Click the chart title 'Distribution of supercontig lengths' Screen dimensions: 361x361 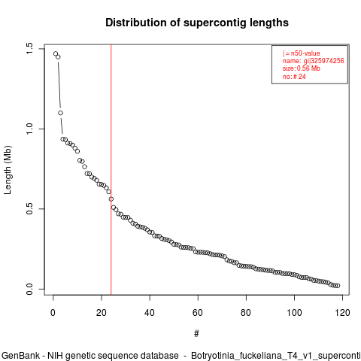pyautogui.click(x=197, y=23)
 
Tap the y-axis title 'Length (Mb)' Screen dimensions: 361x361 pyautogui.click(x=8, y=170)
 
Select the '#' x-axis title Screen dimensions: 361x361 pyautogui.click(x=196, y=334)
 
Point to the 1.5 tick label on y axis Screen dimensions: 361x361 pyautogui.click(x=29, y=48)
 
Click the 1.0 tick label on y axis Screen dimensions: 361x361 pyautogui.click(x=29, y=129)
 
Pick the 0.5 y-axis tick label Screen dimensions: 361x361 pyautogui.click(x=29, y=208)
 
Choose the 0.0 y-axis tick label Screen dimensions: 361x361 pyautogui.click(x=29, y=289)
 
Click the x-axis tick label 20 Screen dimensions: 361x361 pyautogui.click(x=102, y=313)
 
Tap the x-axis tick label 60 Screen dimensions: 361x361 pyautogui.click(x=198, y=313)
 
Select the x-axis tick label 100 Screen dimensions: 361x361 pyautogui.click(x=294, y=313)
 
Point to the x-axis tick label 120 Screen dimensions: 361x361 pyautogui.click(x=342, y=313)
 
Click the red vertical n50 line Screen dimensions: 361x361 pyautogui.click(x=111, y=170)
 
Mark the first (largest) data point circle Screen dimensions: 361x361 pyautogui.click(x=56, y=53)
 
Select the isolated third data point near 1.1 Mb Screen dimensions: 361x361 pyautogui.click(x=60, y=113)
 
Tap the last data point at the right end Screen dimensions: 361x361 pyautogui.click(x=338, y=286)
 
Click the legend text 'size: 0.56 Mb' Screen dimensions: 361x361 pyautogui.click(x=302, y=68)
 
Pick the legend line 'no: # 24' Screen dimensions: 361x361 pyautogui.click(x=294, y=76)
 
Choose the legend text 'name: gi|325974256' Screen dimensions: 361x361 pyautogui.click(x=314, y=61)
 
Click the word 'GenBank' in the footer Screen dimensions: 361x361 pyautogui.click(x=20, y=356)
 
